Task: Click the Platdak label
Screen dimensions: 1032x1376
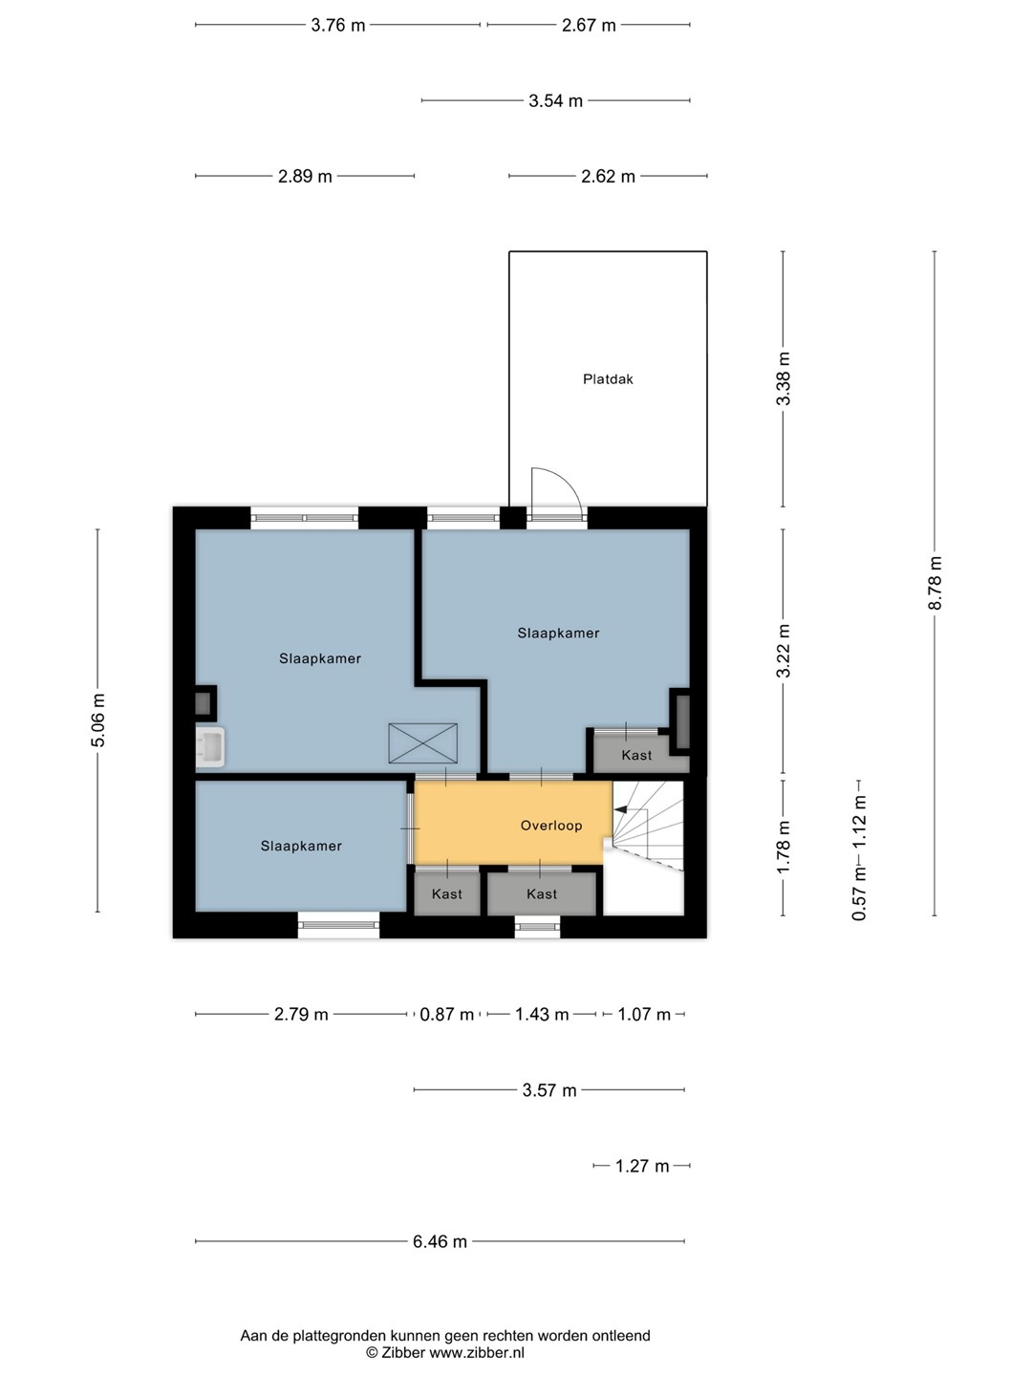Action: click(x=607, y=379)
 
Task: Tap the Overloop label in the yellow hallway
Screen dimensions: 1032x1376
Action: click(x=551, y=826)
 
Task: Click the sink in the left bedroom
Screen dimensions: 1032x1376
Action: click(x=210, y=747)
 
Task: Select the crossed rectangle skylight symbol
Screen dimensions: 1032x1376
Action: click(x=423, y=743)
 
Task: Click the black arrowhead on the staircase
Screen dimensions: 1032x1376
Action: click(x=620, y=809)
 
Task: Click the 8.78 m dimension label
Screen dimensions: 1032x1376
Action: click(x=935, y=583)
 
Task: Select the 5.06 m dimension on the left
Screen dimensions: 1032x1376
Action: click(x=97, y=720)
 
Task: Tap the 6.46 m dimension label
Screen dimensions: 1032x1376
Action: click(x=440, y=1241)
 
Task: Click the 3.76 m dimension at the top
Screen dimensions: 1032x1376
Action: click(x=337, y=25)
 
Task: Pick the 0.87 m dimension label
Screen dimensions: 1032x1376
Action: click(x=446, y=1014)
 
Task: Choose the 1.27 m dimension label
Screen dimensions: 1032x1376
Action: click(x=641, y=1166)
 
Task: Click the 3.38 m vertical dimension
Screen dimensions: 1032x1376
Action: click(x=784, y=378)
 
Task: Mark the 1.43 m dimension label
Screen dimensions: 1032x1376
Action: click(x=542, y=1014)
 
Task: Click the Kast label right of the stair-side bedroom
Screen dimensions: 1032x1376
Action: click(x=636, y=756)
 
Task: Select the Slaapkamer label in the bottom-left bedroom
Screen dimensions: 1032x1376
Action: click(x=301, y=847)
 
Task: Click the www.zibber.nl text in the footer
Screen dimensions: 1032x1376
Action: click(x=476, y=1352)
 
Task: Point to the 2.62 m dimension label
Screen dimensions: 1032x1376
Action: click(x=608, y=176)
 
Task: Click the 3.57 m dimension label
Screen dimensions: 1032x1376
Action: click(x=548, y=1090)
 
